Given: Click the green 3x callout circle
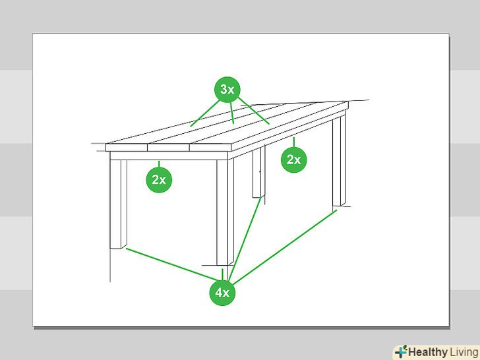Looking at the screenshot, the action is pyautogui.click(x=227, y=90).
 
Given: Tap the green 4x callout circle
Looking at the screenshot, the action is pyautogui.click(x=222, y=293).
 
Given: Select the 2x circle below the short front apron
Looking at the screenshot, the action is pyautogui.click(x=159, y=180).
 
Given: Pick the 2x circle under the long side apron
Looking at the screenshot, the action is pyautogui.click(x=294, y=160).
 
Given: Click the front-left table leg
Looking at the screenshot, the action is pyautogui.click(x=118, y=204).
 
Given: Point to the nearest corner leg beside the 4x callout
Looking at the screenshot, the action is pyautogui.click(x=225, y=212).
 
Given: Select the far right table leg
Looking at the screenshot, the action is pyautogui.click(x=339, y=161).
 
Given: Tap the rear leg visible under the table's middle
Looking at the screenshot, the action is pyautogui.click(x=258, y=172).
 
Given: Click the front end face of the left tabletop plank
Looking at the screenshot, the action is pyautogui.click(x=126, y=148).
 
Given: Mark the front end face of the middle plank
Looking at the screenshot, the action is pyautogui.click(x=168, y=148).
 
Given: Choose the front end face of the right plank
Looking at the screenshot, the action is pyautogui.click(x=210, y=148).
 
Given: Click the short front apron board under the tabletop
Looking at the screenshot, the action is pyautogui.click(x=169, y=156).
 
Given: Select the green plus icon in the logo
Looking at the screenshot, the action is pyautogui.click(x=401, y=351).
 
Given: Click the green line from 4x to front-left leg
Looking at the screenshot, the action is pyautogui.click(x=171, y=264).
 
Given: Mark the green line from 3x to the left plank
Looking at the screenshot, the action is pyautogui.click(x=204, y=113).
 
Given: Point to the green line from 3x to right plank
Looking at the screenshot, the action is pyautogui.click(x=254, y=111).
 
